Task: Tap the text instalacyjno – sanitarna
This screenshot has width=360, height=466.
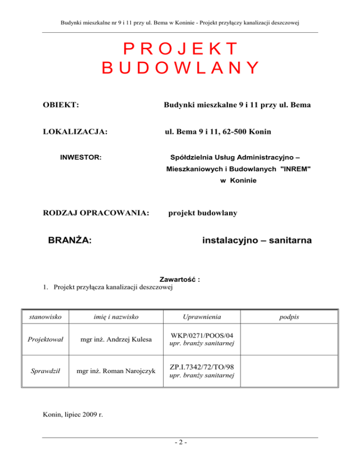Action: [257, 241]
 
